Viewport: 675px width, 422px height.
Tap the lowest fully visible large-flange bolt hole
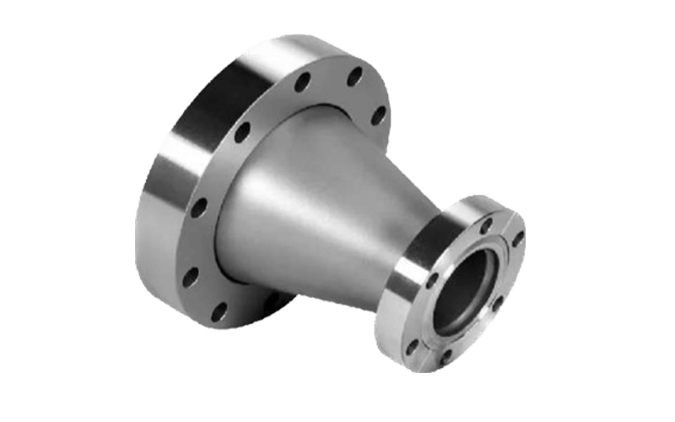pos(218,311)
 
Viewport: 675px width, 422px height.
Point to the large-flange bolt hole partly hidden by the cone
pos(272,300)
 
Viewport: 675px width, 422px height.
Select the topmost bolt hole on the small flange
pos(486,223)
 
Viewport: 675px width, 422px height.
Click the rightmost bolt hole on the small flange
pos(517,239)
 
